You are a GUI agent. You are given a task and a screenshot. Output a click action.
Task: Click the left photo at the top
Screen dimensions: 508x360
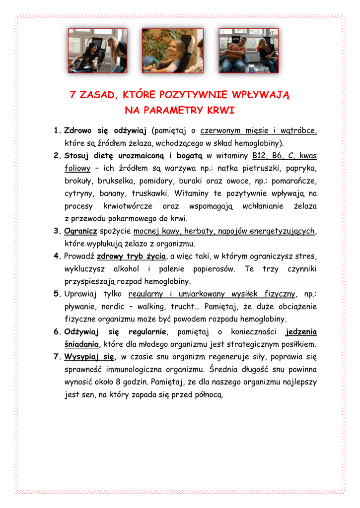click(x=97, y=51)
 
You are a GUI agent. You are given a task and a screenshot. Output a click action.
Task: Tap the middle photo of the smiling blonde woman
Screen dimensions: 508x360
click(x=172, y=51)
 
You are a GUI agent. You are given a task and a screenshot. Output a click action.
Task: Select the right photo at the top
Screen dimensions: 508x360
click(x=248, y=51)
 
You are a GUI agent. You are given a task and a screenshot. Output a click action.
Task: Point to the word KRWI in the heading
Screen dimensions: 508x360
click(x=220, y=109)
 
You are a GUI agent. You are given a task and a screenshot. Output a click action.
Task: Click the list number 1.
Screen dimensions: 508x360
click(x=56, y=131)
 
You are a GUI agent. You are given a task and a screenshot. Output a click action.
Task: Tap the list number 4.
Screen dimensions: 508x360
click(x=57, y=256)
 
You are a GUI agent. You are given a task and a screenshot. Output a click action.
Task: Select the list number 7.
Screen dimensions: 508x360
click(x=57, y=357)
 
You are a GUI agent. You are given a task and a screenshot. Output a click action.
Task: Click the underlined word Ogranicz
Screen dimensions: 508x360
click(x=80, y=231)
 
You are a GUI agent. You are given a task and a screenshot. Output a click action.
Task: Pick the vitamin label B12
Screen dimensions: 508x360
click(x=261, y=156)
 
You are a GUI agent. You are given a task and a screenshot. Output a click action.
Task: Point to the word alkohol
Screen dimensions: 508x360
click(x=127, y=269)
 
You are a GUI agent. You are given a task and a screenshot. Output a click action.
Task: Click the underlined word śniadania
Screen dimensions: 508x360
click(x=81, y=344)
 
